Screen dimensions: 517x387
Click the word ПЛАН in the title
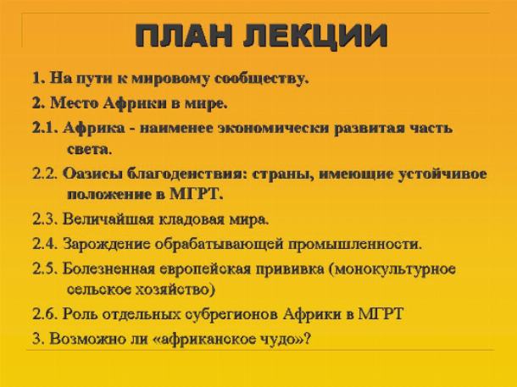coord(184,35)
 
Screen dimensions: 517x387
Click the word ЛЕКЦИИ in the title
coord(315,36)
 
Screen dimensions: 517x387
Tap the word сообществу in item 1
coord(262,79)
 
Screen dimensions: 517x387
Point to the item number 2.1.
coord(45,128)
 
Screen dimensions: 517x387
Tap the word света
coord(89,150)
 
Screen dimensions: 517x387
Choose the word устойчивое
coord(442,174)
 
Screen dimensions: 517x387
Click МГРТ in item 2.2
coord(196,194)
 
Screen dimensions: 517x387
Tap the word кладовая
coord(192,219)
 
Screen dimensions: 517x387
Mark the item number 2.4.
coord(45,245)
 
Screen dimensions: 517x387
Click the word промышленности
coord(355,245)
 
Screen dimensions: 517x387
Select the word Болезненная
coord(108,268)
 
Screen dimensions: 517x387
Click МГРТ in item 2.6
coord(381,313)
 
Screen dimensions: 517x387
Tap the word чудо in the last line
coord(281,339)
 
